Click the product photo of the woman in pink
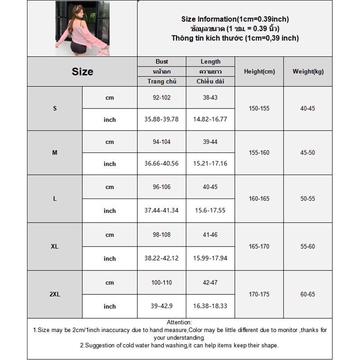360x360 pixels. [x=82, y=28]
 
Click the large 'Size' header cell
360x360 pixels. [x=82, y=72]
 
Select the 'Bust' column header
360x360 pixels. [x=162, y=62]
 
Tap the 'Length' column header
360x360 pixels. [x=211, y=62]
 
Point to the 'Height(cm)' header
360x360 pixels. [x=259, y=72]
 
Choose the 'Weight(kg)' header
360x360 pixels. [x=308, y=72]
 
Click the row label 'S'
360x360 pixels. [x=55, y=108]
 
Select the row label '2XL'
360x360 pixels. [x=55, y=294]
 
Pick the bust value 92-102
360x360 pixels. [x=162, y=97]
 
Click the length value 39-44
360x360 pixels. [x=210, y=142]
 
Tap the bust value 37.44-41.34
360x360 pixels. [x=162, y=211]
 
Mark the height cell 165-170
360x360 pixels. [x=259, y=247]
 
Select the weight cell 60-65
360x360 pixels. [x=308, y=294]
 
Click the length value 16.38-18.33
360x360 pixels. [x=210, y=306]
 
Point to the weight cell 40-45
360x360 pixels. [x=308, y=108]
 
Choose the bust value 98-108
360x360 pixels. [x=162, y=235]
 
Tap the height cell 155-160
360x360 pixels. [x=259, y=153]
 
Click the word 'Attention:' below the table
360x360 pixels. [x=179, y=322]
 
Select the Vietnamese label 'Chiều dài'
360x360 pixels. [x=210, y=81]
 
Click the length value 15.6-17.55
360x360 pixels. [x=210, y=211]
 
